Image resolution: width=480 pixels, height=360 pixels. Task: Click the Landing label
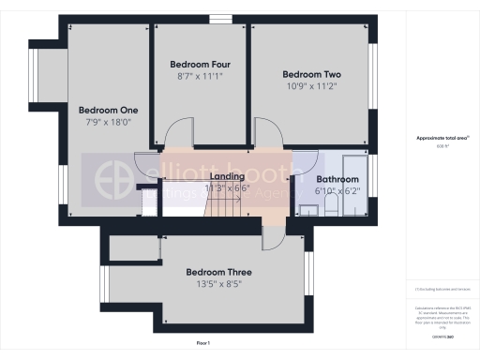(228, 176)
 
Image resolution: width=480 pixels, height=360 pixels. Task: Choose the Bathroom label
(337, 179)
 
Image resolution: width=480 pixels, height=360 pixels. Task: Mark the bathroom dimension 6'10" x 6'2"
(337, 191)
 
